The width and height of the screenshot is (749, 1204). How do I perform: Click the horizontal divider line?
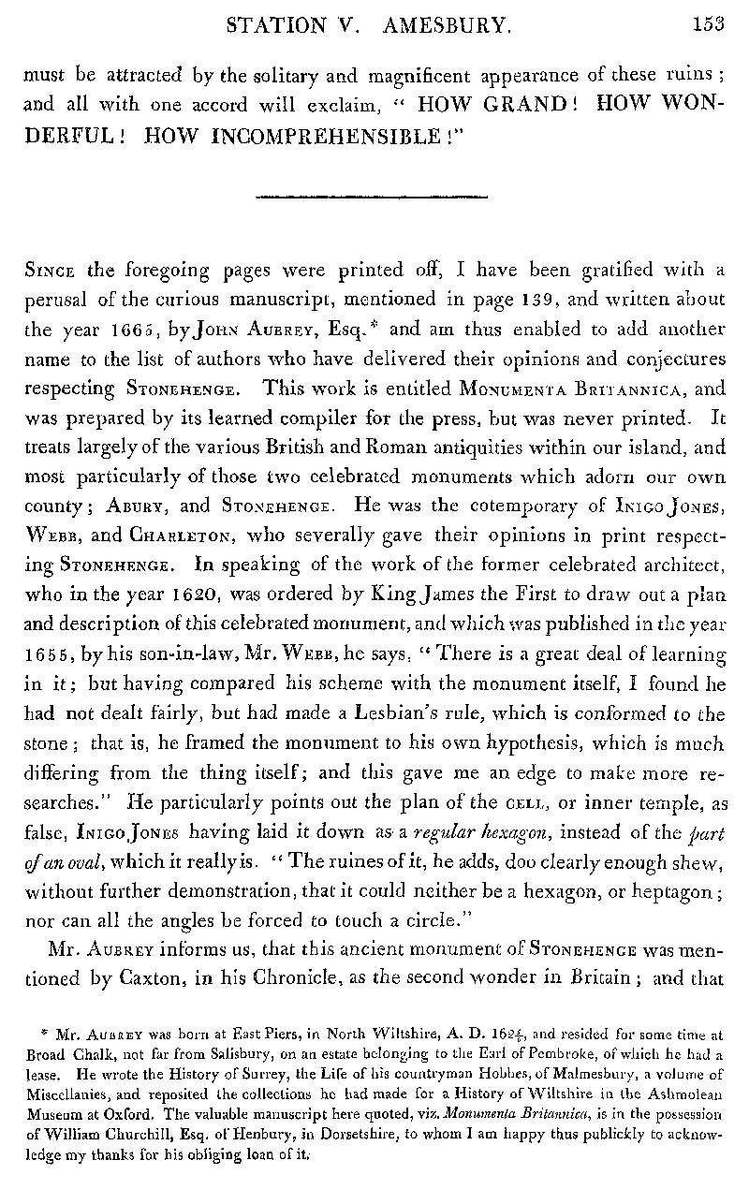coord(372,197)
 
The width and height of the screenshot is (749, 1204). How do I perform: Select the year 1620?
coord(139,593)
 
